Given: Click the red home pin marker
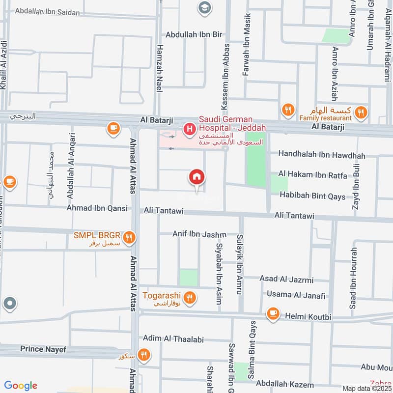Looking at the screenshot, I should (x=197, y=177).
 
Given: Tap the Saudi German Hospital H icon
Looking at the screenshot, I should (x=188, y=130).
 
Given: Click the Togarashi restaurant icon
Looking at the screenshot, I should (x=190, y=298).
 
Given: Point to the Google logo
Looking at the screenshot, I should (x=20, y=386).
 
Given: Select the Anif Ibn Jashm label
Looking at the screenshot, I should (x=199, y=234).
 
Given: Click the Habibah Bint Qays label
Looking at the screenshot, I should (x=312, y=196).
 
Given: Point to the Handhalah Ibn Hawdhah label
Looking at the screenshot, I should (x=322, y=155).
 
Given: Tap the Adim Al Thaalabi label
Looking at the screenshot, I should (x=173, y=339).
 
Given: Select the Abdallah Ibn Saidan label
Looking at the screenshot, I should (x=47, y=12).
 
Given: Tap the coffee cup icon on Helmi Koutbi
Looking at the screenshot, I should (x=273, y=313).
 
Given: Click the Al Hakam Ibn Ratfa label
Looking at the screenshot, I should (x=312, y=175).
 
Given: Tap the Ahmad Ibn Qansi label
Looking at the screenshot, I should (x=97, y=208).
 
